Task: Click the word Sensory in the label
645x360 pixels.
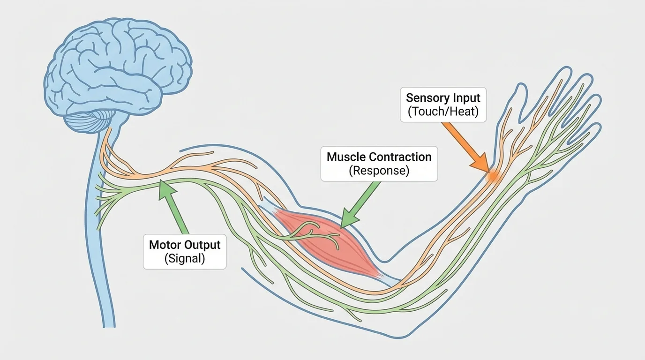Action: tap(424, 98)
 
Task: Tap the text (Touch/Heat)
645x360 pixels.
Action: tap(443, 112)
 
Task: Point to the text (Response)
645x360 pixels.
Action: tap(379, 171)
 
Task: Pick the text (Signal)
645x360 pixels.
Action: tap(185, 259)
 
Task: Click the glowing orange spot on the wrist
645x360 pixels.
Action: tap(493, 176)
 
